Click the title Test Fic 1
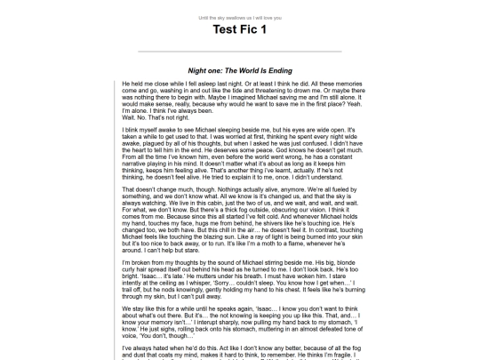239,29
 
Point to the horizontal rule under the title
239,52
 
